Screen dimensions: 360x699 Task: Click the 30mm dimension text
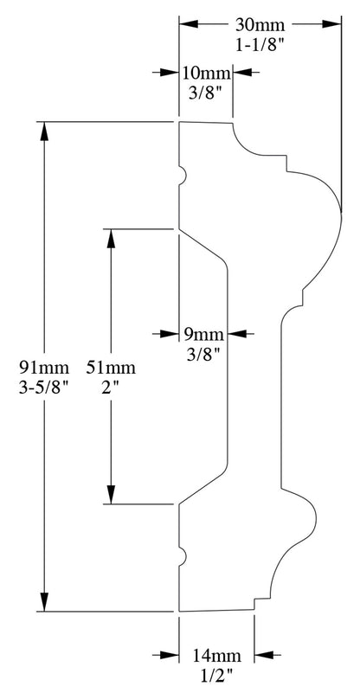click(x=260, y=25)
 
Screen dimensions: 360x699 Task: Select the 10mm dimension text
click(x=206, y=73)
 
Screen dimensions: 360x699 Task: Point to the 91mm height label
click(x=44, y=368)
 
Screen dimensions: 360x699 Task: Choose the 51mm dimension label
click(x=111, y=368)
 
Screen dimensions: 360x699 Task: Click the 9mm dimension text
click(x=203, y=334)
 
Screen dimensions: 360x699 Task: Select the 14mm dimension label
click(x=217, y=656)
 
